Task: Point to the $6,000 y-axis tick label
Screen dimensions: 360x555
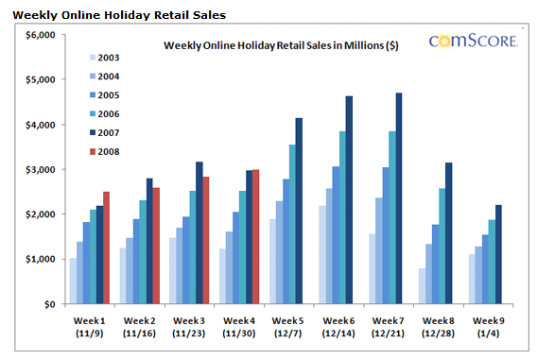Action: (x=40, y=35)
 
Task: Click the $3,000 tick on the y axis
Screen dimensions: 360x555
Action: (x=40, y=169)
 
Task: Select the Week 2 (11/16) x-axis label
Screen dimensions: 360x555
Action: (x=138, y=326)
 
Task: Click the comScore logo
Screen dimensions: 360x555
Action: (x=473, y=41)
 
